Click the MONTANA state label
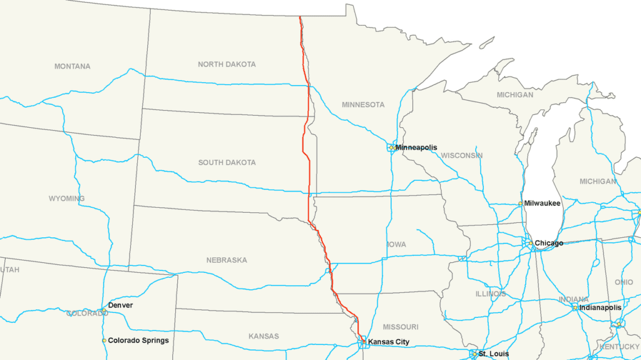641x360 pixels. pos(72,66)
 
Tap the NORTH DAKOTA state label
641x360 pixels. pos(227,64)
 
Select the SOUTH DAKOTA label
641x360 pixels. pos(227,163)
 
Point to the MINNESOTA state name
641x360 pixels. pos(363,105)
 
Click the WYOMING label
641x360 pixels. pos(66,199)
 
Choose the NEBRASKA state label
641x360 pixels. pos(227,260)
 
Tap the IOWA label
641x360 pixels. pos(396,245)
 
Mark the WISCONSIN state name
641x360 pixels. pos(462,155)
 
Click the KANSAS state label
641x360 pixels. pos(264,337)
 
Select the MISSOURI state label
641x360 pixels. pos(401,327)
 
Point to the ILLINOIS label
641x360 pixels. pos(491,294)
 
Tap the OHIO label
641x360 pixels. pos(623,282)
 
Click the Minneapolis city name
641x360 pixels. pos(416,148)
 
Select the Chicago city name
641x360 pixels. pos(548,243)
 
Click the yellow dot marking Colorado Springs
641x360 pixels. pos(104,341)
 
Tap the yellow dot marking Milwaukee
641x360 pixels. pos(520,203)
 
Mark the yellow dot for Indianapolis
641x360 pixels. pos(575,307)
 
